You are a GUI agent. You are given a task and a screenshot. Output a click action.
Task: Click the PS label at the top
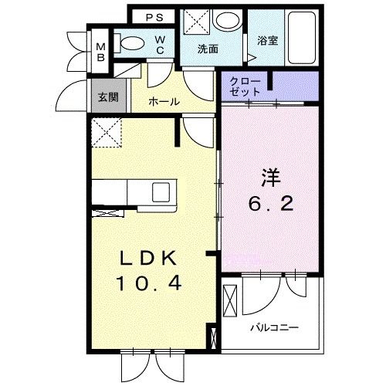click(x=154, y=18)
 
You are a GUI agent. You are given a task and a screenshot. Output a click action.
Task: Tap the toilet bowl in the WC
click(x=132, y=43)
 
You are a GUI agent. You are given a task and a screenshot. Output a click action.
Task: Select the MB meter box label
click(x=101, y=52)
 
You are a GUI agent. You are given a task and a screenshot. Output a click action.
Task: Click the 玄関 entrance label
click(x=108, y=97)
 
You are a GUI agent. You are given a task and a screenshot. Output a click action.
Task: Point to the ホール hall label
click(x=164, y=102)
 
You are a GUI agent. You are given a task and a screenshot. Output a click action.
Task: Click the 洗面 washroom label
click(x=208, y=49)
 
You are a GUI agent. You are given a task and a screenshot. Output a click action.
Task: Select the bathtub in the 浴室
click(x=302, y=38)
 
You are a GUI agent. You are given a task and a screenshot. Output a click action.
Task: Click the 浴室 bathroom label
click(x=268, y=41)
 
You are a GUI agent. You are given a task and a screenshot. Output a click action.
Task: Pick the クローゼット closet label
click(x=245, y=86)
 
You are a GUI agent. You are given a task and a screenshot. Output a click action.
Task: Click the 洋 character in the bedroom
click(x=271, y=177)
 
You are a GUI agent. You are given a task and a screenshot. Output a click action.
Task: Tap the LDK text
click(x=149, y=258)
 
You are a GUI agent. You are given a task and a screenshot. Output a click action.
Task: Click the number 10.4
click(x=149, y=283)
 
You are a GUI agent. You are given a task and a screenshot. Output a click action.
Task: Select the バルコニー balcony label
click(x=275, y=328)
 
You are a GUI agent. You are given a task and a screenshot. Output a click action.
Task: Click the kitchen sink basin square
click(x=161, y=192)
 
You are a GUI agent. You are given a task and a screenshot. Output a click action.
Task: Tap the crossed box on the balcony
click(x=230, y=301)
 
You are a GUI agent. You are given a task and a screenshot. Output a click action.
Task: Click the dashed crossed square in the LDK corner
click(x=107, y=133)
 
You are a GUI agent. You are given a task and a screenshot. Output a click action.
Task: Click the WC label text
click(x=160, y=45)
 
